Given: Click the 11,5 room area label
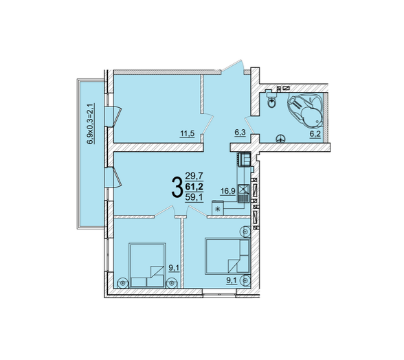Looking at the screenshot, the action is pyautogui.click(x=188, y=134).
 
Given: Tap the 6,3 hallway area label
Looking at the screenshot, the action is pyautogui.click(x=240, y=133).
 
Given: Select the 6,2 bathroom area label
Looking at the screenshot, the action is pyautogui.click(x=315, y=134).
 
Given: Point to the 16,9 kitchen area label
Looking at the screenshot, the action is pyautogui.click(x=228, y=191).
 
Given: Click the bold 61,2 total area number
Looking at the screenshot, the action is pyautogui.click(x=194, y=187).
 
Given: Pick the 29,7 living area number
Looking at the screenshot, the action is pyautogui.click(x=194, y=177).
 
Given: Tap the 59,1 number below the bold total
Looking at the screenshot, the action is pyautogui.click(x=194, y=197).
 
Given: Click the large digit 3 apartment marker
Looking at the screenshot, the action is pyautogui.click(x=177, y=188).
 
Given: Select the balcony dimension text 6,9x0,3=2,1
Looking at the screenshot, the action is pyautogui.click(x=90, y=124).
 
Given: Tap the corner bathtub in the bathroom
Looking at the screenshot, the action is pyautogui.click(x=306, y=110).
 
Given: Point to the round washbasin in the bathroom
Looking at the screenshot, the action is pyautogui.click(x=280, y=139).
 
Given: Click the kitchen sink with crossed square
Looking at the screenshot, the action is pyautogui.click(x=243, y=190).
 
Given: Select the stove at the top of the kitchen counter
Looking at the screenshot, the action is pyautogui.click(x=245, y=159).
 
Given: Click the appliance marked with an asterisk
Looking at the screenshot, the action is pyautogui.click(x=218, y=208).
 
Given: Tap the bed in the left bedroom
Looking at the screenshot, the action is pyautogui.click(x=147, y=265).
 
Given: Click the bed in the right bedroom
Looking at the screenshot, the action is pyautogui.click(x=227, y=256).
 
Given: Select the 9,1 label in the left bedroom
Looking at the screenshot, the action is pyautogui.click(x=174, y=268).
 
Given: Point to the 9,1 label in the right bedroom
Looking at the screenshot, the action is pyautogui.click(x=232, y=281).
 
